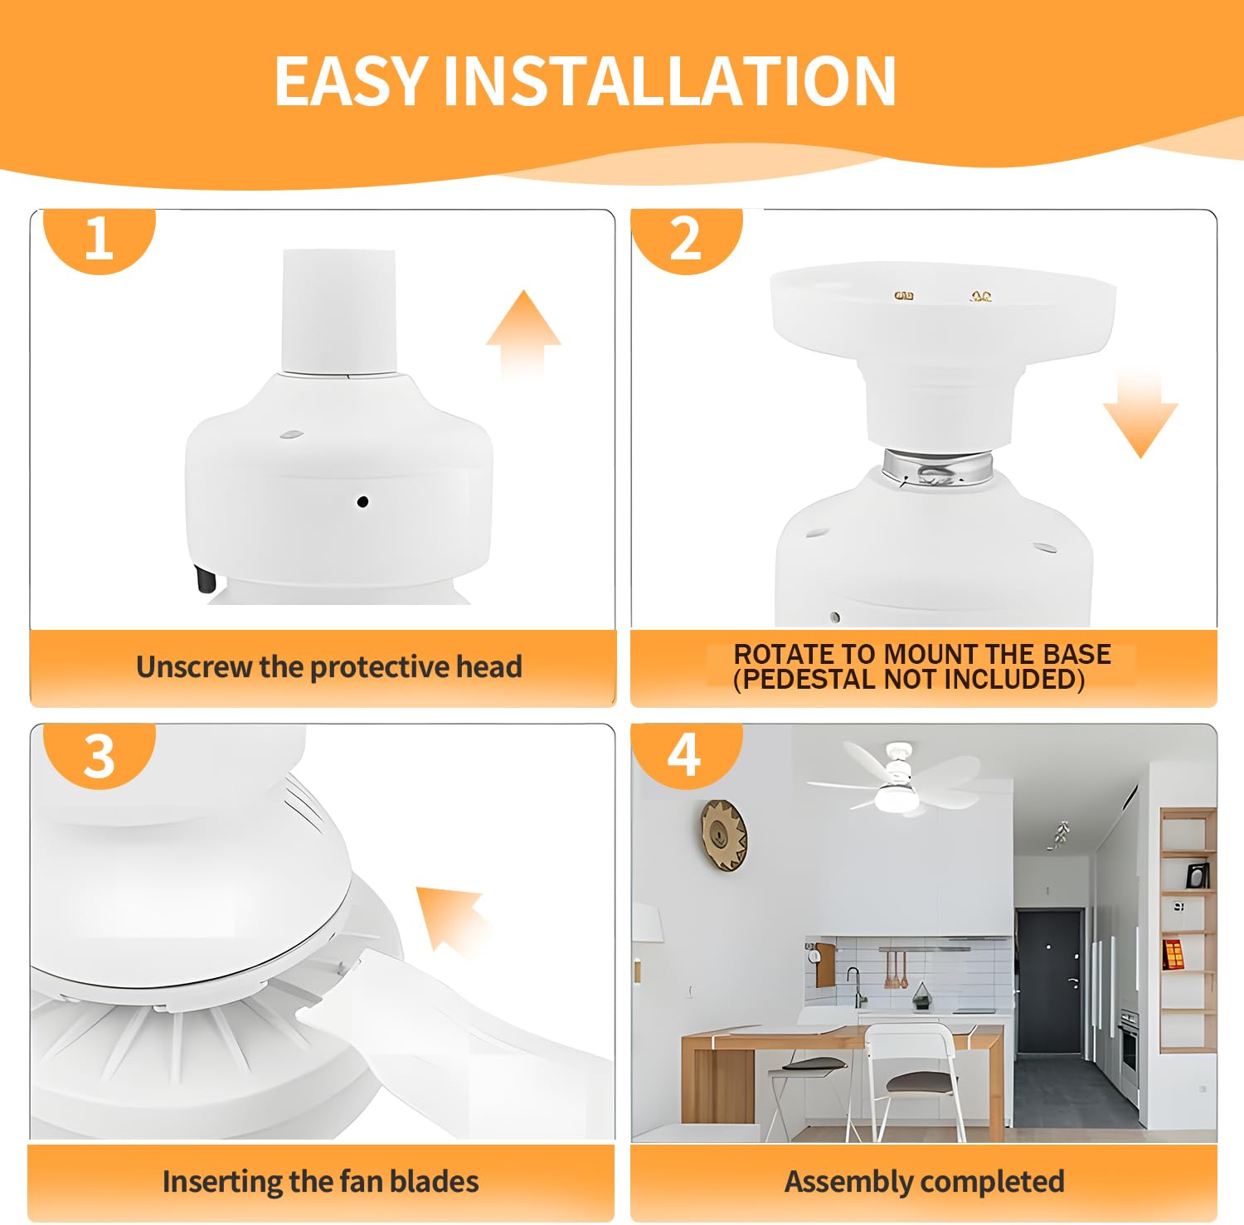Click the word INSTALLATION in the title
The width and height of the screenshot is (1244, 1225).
670,80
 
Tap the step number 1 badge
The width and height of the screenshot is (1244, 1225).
99,240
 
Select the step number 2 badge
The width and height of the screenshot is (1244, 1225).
686,240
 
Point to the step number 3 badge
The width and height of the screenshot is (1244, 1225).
99,755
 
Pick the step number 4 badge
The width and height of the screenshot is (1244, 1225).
685,755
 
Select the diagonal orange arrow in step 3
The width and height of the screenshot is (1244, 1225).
454,918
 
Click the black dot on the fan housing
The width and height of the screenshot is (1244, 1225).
362,501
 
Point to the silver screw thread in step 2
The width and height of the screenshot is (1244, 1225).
937,467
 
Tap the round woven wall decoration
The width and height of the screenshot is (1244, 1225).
724,835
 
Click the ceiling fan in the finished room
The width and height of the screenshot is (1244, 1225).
893,777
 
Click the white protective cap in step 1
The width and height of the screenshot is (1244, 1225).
338,312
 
